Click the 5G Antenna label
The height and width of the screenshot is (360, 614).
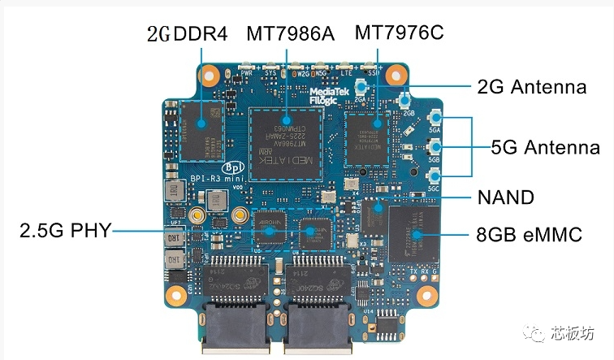(546, 147)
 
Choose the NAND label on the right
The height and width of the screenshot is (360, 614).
(505, 197)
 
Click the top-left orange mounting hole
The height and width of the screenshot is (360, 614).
(210, 76)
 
